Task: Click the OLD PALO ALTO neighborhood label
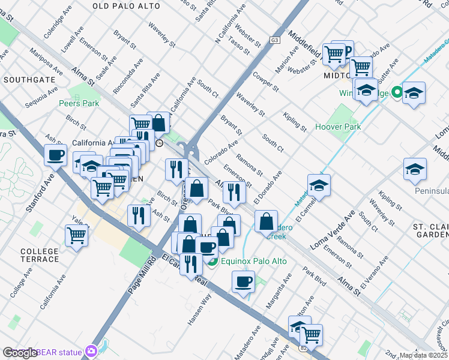(x=126, y=6)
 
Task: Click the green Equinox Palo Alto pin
(x=211, y=260)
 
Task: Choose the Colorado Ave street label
(x=221, y=152)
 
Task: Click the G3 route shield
(x=275, y=40)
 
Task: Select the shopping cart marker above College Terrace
(x=77, y=235)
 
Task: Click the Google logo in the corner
(x=20, y=353)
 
